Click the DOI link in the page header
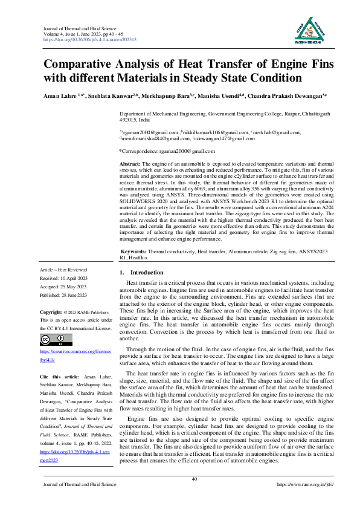tap(90, 39)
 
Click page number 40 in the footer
tap(194, 479)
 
